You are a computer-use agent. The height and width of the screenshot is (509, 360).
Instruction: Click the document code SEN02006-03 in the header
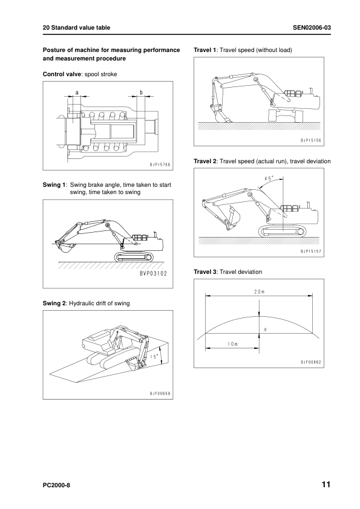pyautogui.click(x=312, y=28)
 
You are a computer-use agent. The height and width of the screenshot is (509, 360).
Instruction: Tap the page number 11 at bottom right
pyautogui.click(x=326, y=485)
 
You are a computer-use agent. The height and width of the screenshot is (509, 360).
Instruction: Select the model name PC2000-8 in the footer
pyautogui.click(x=56, y=485)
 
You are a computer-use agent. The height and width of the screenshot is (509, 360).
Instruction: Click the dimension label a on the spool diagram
pyautogui.click(x=77, y=92)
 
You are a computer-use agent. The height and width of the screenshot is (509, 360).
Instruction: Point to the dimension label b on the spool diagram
pyautogui.click(x=141, y=92)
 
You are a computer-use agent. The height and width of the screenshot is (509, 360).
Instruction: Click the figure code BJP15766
pyautogui.click(x=160, y=165)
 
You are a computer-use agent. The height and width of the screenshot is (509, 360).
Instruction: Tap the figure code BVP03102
pyautogui.click(x=153, y=273)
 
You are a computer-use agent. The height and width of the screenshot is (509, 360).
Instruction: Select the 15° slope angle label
pyautogui.click(x=154, y=357)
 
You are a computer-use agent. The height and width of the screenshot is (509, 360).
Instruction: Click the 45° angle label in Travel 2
pyautogui.click(x=269, y=178)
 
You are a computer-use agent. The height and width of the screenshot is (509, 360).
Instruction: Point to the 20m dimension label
pyautogui.click(x=260, y=291)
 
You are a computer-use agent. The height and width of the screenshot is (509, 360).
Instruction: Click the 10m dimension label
pyautogui.click(x=232, y=344)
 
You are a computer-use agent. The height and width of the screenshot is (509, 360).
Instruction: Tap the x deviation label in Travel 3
pyautogui.click(x=266, y=329)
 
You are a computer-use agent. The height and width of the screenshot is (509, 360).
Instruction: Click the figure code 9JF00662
pyautogui.click(x=311, y=362)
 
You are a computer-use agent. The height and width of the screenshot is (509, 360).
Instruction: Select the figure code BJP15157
pyautogui.click(x=311, y=251)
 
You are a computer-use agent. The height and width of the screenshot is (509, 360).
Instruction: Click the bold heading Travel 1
pyautogui.click(x=205, y=50)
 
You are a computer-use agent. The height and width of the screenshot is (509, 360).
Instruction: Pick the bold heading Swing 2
pyautogui.click(x=54, y=303)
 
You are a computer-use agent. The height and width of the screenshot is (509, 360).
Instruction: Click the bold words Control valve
pyautogui.click(x=62, y=74)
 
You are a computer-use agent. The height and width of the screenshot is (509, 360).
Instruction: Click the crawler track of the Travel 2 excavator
pyautogui.click(x=283, y=232)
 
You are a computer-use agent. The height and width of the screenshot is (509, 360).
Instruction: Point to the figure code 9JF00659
pyautogui.click(x=160, y=394)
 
